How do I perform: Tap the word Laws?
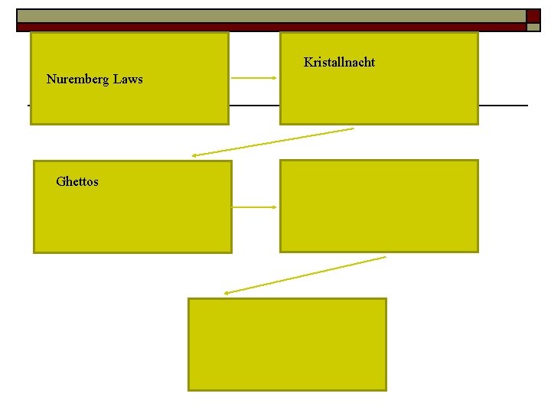point(129,80)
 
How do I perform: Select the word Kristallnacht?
point(339,62)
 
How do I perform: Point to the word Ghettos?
point(77,182)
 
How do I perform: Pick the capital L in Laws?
point(118,80)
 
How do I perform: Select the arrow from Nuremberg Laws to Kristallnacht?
point(253,78)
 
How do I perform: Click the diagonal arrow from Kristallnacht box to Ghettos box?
point(272,142)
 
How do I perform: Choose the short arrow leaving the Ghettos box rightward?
point(254,206)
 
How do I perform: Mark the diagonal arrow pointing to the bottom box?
point(305,275)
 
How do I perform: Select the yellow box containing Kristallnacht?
point(379,96)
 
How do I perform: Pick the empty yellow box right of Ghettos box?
point(379,206)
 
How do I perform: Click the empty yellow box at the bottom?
point(287,344)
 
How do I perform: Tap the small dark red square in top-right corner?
point(533,15)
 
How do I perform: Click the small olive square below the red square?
point(533,27)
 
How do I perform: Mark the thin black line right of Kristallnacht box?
point(503,105)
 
